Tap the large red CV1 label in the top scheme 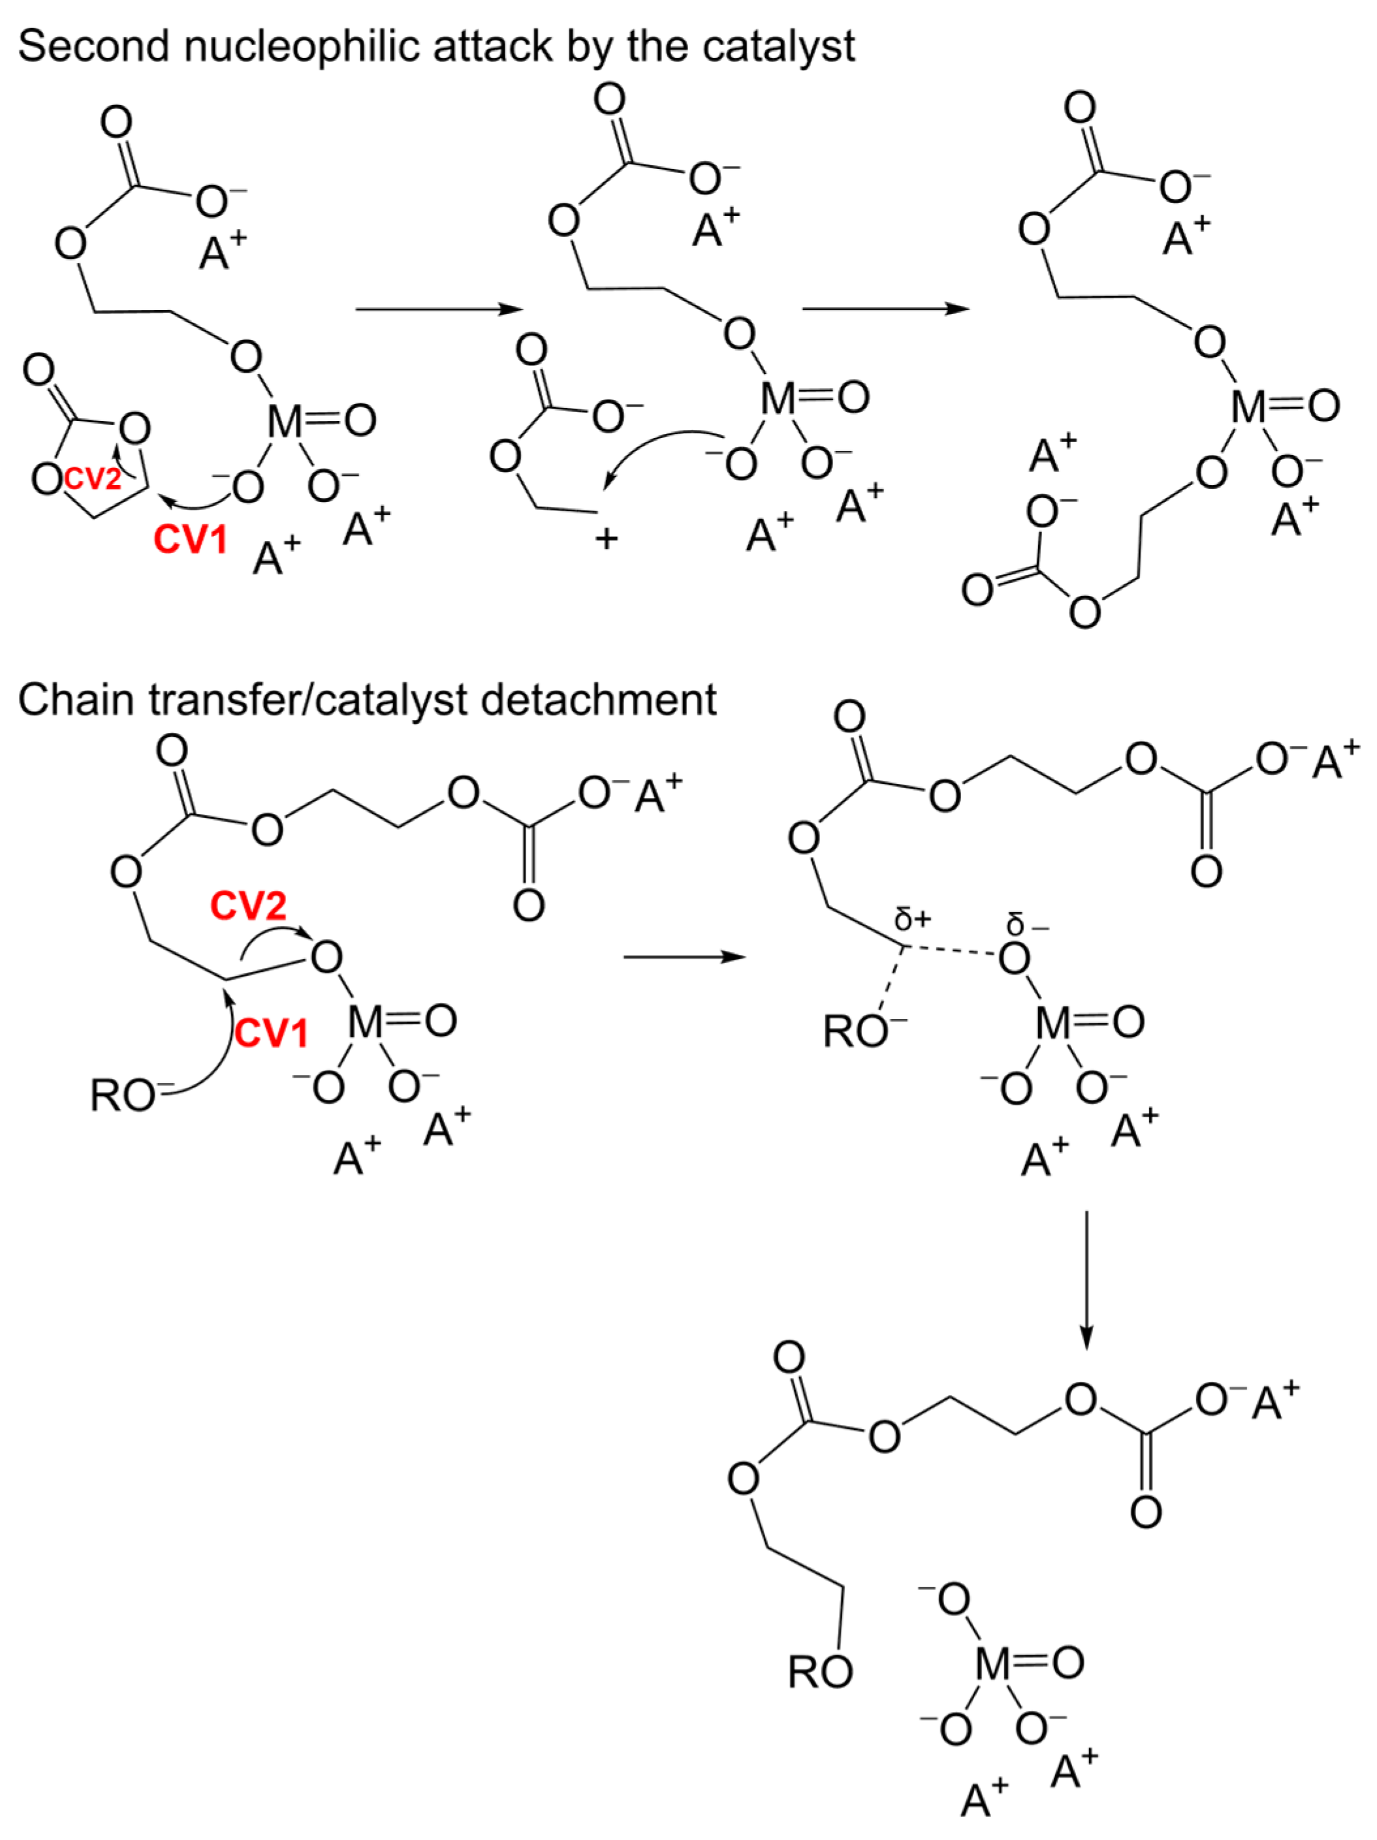click(x=191, y=540)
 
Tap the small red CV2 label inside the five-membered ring click(x=92, y=478)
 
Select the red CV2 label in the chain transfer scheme click(x=248, y=906)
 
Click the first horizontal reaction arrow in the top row click(x=439, y=309)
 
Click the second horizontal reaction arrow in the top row click(x=885, y=309)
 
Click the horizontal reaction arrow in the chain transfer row click(x=684, y=957)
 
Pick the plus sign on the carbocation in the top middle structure click(x=607, y=539)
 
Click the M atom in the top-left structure click(x=285, y=422)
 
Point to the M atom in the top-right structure click(x=1249, y=407)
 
